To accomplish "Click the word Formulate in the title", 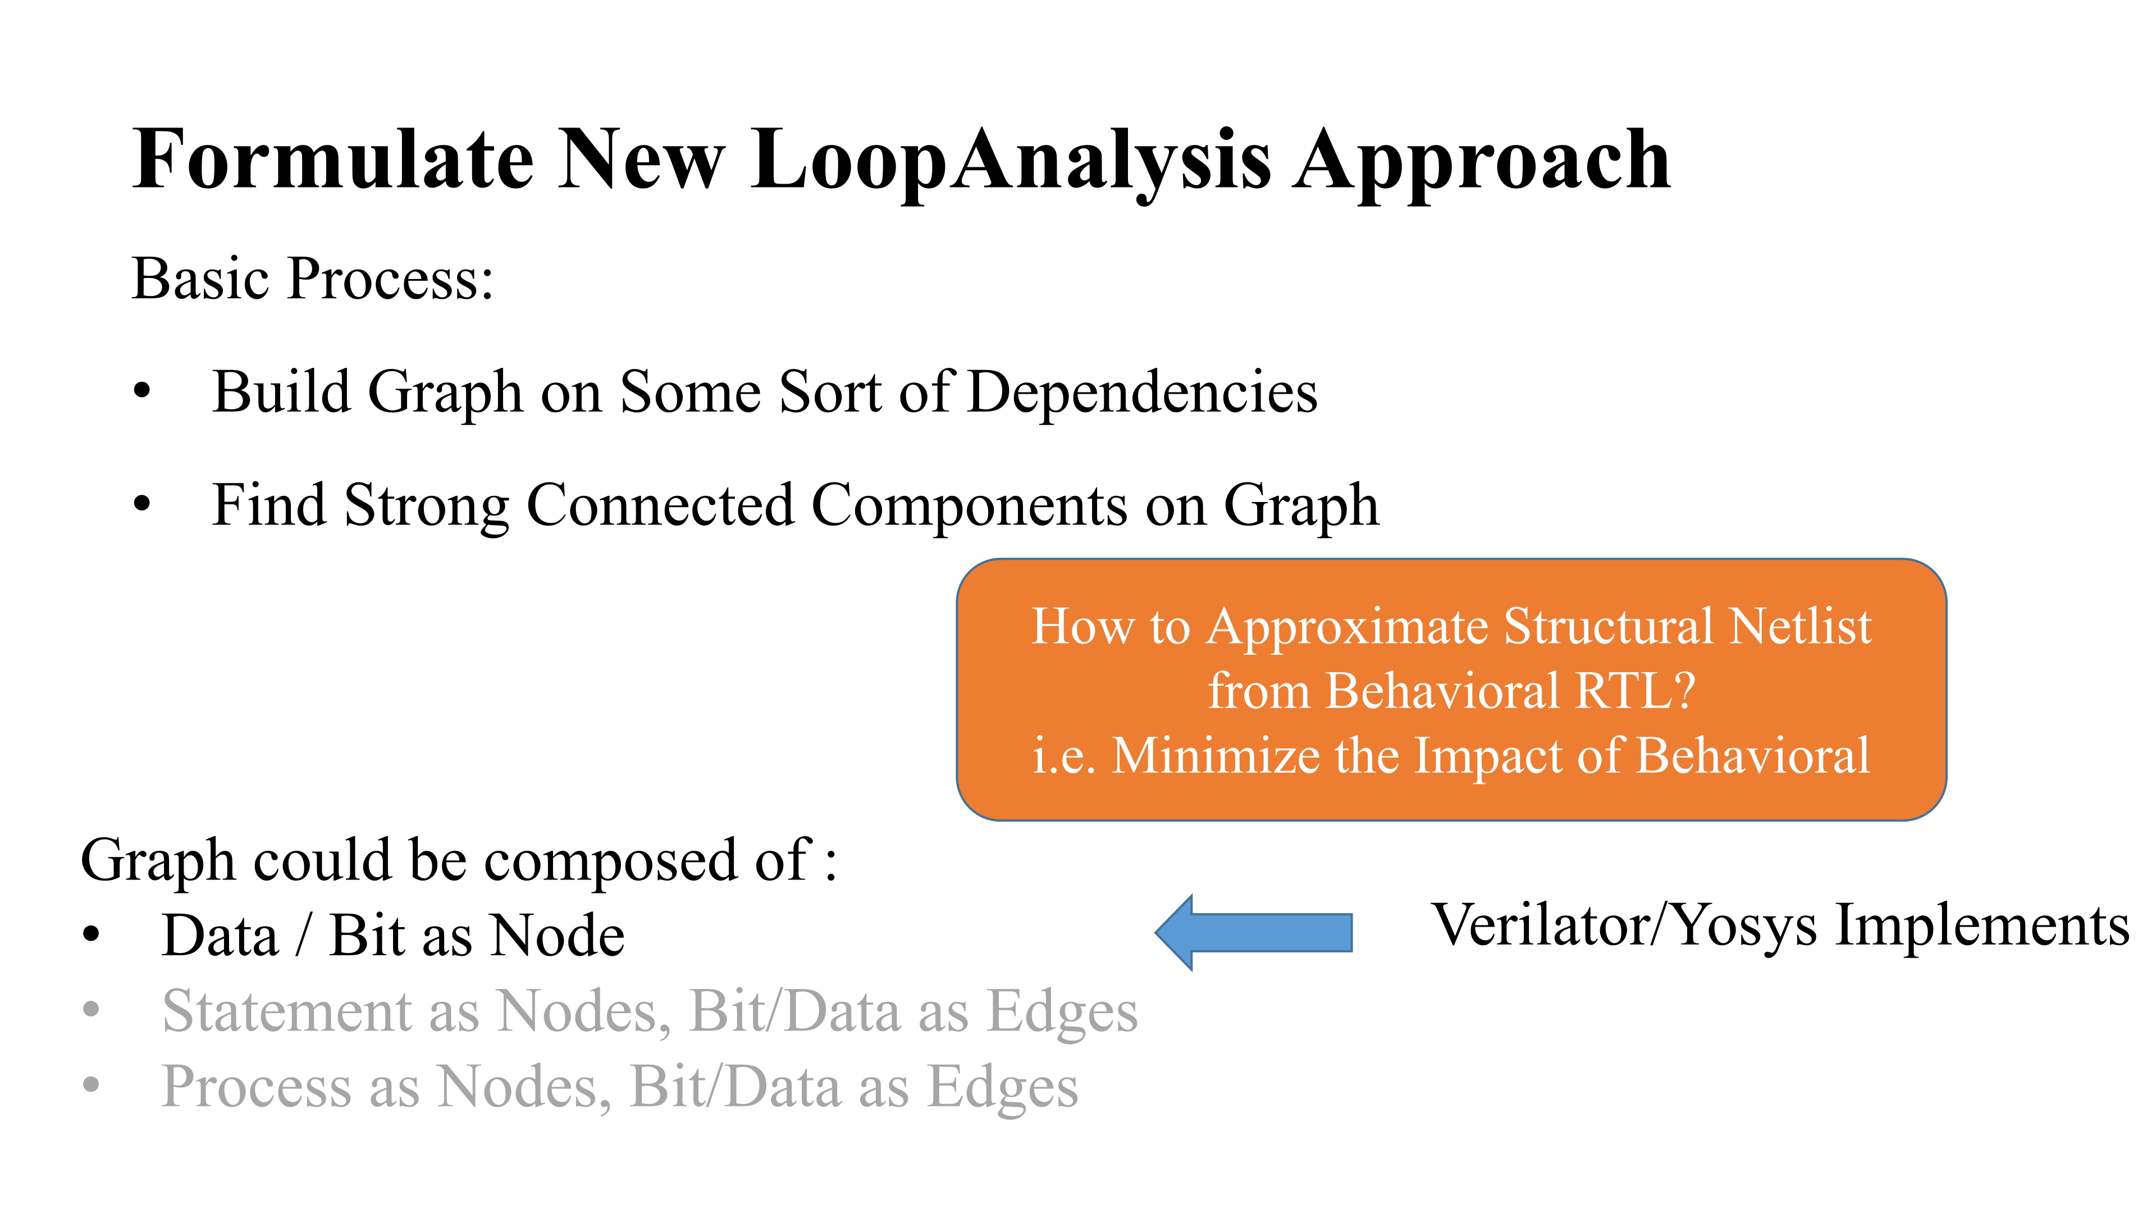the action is coord(333,159).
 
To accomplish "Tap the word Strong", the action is coord(426,507).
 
